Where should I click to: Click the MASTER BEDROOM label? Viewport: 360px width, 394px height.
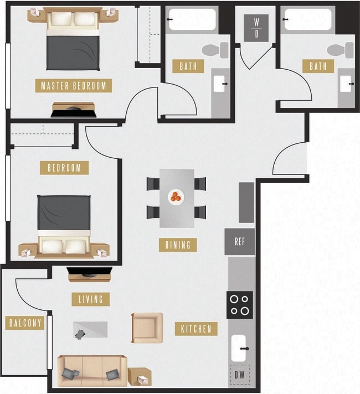74,86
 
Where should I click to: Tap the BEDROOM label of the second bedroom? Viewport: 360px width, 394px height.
64,168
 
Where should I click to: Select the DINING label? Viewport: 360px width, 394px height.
178,245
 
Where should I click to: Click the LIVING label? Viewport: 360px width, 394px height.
91,299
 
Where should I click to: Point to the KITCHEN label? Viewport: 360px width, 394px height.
196,329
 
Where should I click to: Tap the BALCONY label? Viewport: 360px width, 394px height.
25,323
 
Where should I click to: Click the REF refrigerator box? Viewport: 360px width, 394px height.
239,242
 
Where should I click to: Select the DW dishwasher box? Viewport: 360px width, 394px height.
239,375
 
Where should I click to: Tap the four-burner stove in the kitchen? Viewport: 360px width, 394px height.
239,304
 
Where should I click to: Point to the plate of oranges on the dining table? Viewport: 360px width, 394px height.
176,196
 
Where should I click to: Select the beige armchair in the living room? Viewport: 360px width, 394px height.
147,328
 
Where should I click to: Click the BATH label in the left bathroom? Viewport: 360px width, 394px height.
188,66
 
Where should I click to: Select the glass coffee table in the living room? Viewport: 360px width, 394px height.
90,330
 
